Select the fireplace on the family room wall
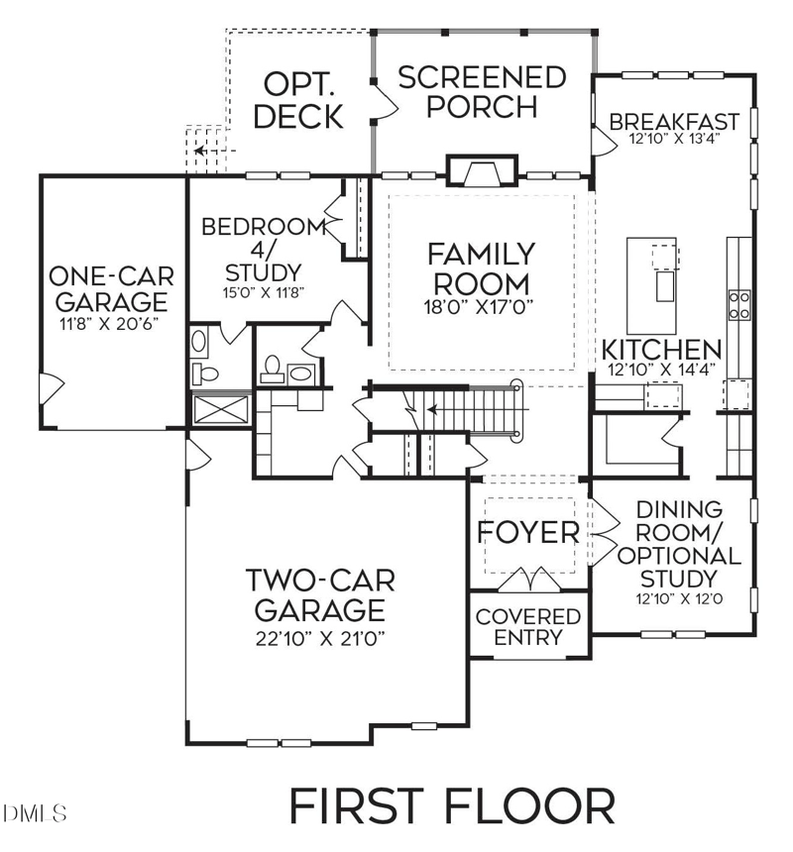(x=481, y=171)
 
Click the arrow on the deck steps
(x=202, y=152)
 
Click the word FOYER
(x=528, y=532)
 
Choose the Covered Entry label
(x=528, y=627)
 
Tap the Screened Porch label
(x=482, y=91)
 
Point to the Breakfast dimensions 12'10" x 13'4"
(x=673, y=140)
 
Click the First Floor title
(x=452, y=804)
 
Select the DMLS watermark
(x=36, y=813)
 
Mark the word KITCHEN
(x=662, y=349)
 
